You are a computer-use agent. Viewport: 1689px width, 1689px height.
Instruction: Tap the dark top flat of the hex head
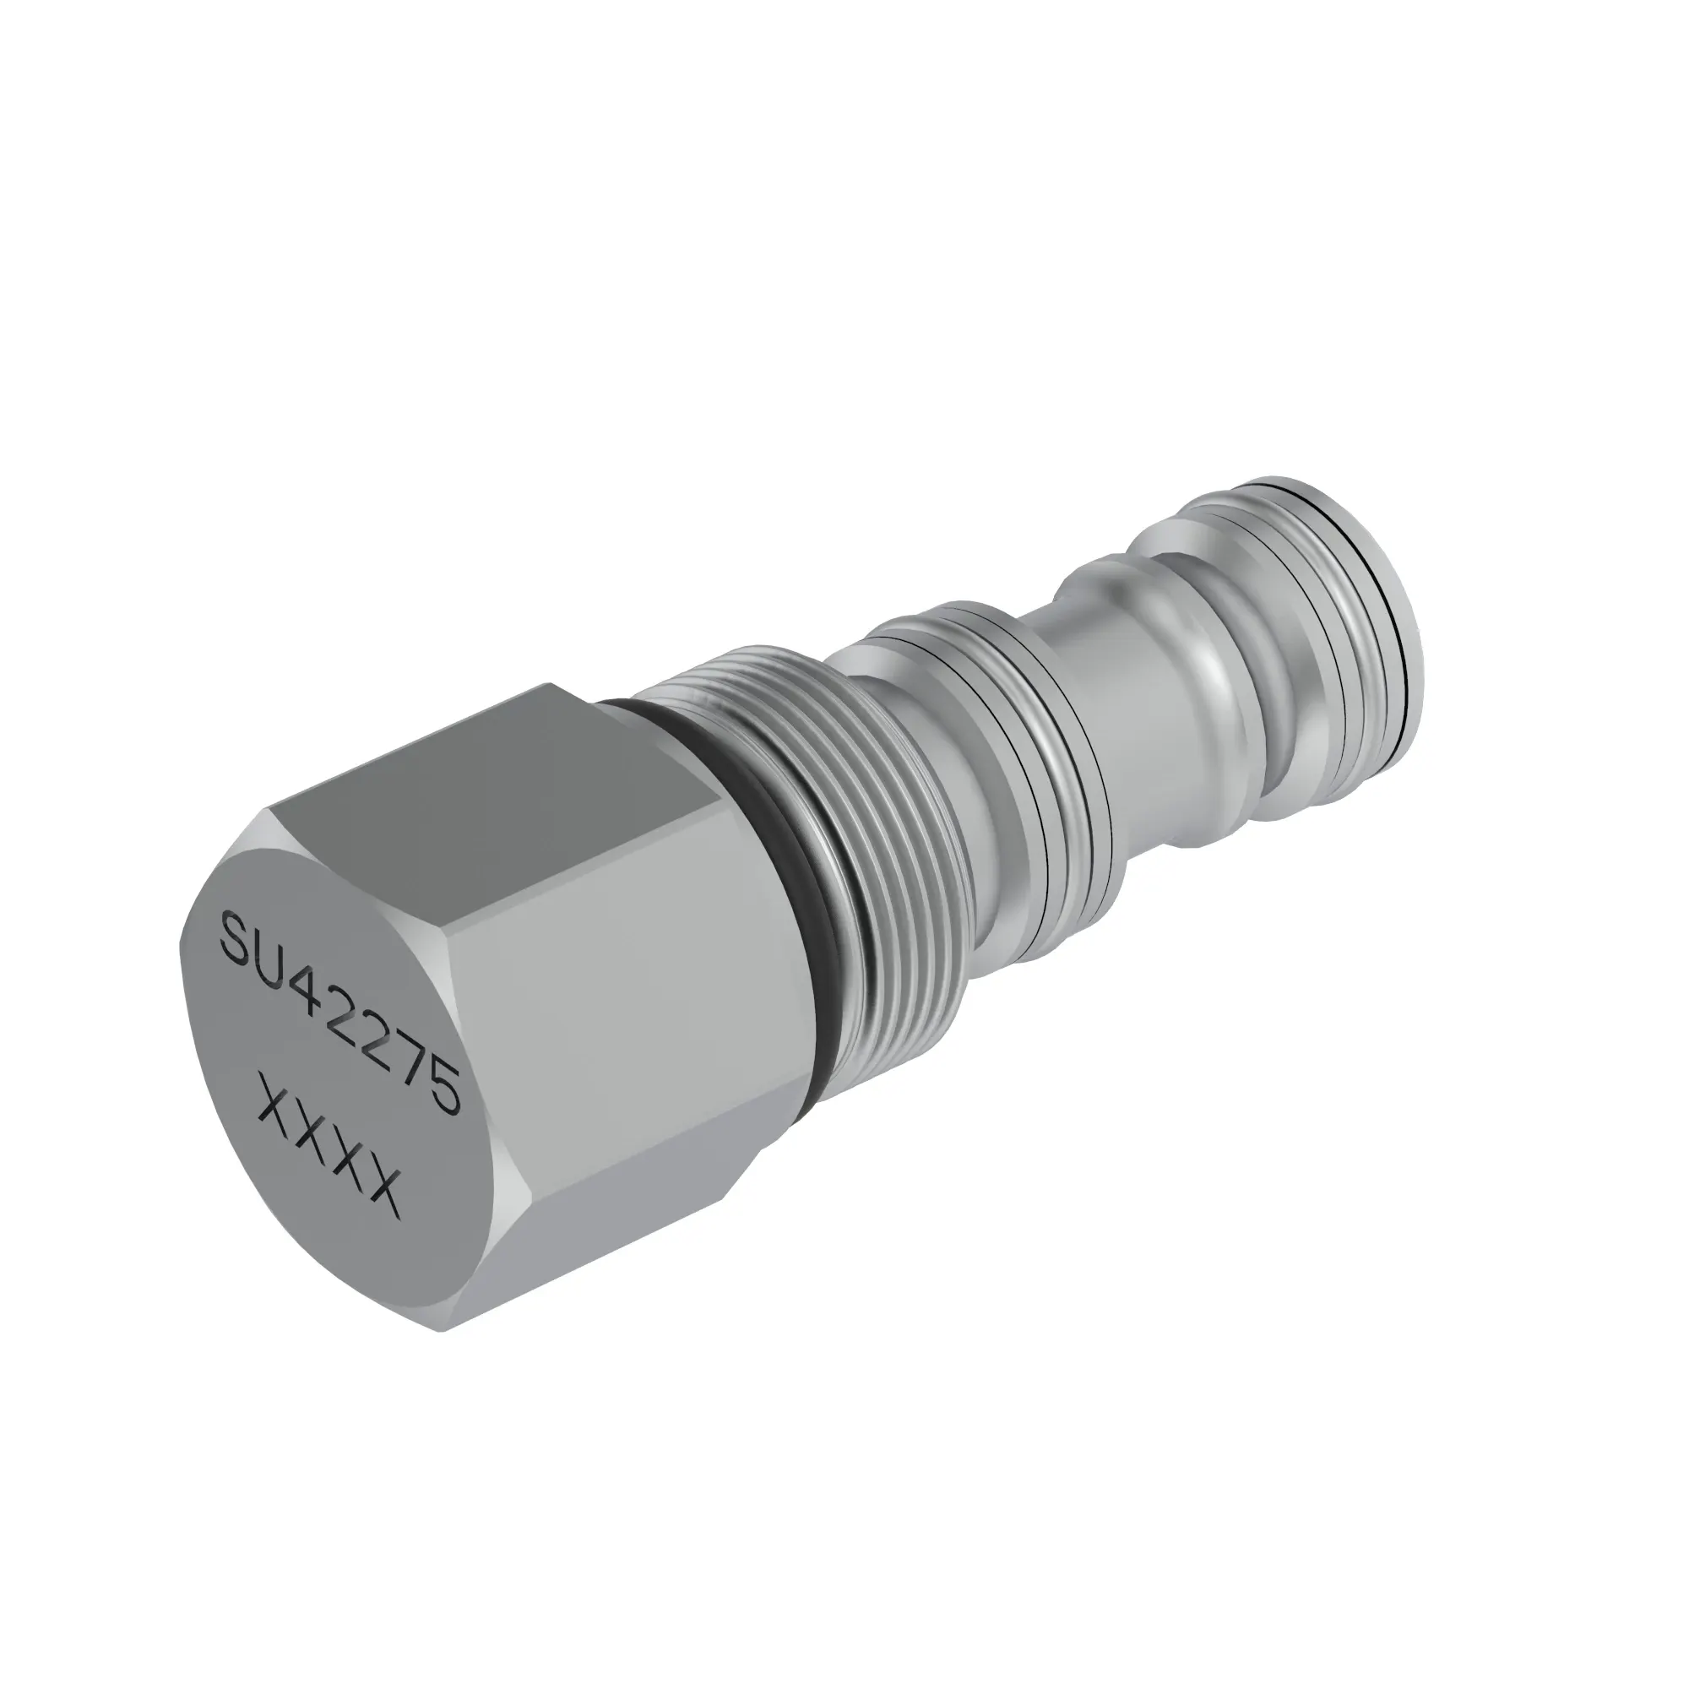490,769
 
